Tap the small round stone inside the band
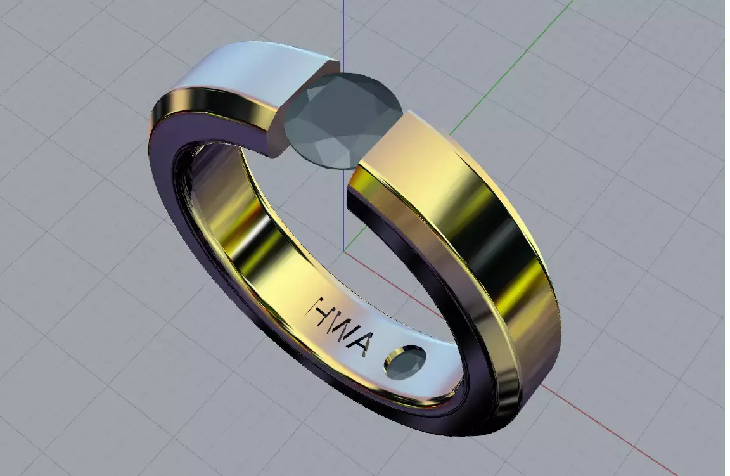pyautogui.click(x=404, y=362)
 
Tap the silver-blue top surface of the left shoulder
pyautogui.click(x=253, y=70)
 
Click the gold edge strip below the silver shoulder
pyautogui.click(x=209, y=105)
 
